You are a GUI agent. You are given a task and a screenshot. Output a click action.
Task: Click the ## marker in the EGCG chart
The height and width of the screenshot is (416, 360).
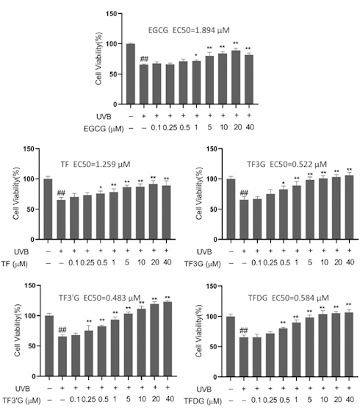[x=144, y=59]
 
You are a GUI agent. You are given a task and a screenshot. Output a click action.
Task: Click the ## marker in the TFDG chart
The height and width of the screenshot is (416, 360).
[x=244, y=331]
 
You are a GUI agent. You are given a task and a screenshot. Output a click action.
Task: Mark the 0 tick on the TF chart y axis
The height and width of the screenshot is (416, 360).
[x=32, y=239]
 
